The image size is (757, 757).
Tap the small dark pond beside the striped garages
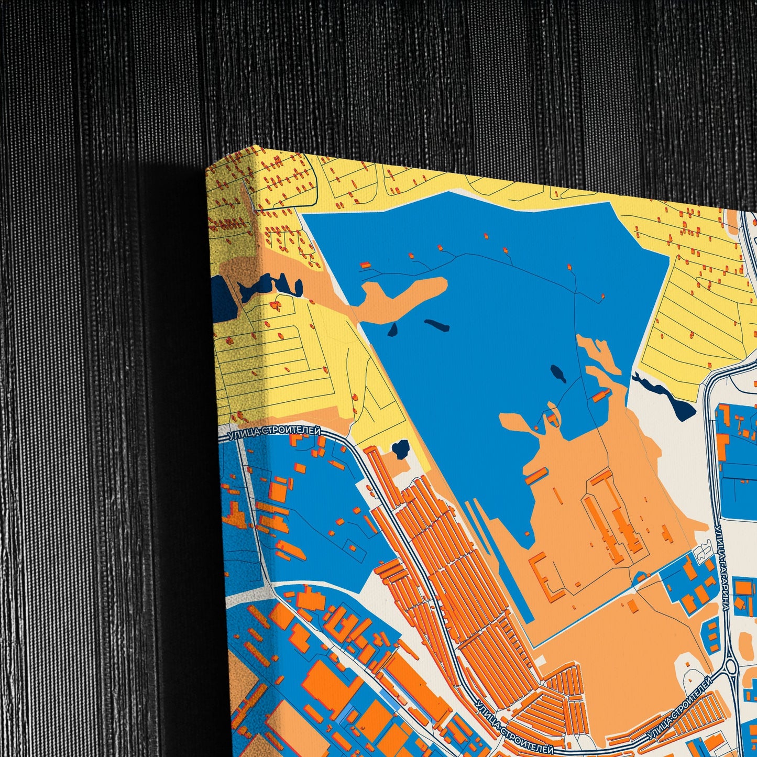coord(401,449)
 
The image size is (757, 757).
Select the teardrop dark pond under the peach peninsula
coord(392,329)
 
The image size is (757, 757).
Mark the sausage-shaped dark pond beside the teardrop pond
coord(436,325)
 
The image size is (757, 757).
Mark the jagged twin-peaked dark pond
coord(270,286)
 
